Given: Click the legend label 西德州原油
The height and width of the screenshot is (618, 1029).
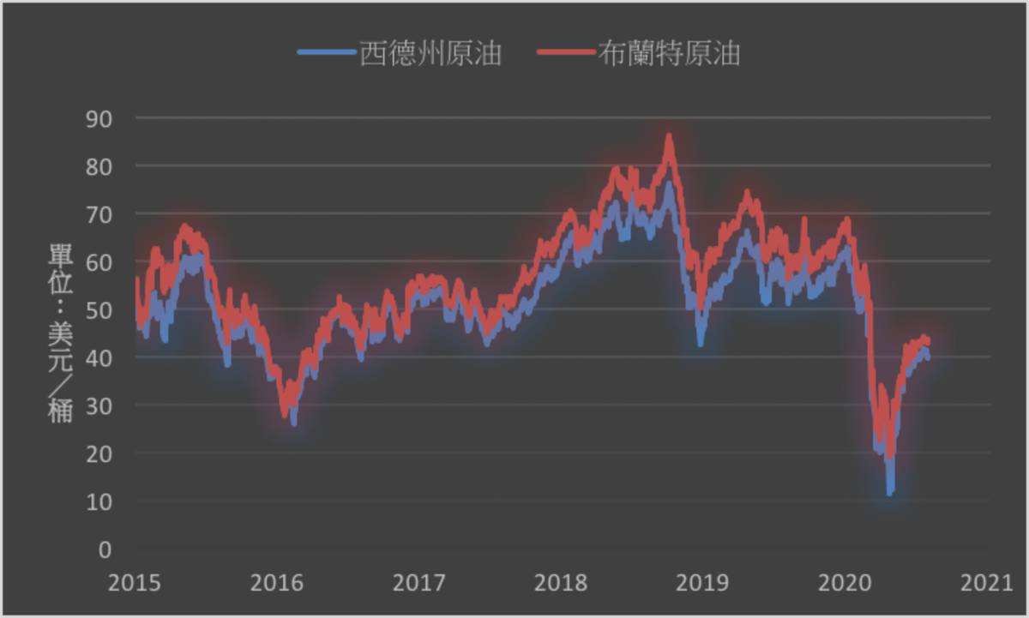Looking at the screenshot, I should (430, 54).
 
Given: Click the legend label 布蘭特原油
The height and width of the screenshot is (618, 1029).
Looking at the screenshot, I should (669, 54).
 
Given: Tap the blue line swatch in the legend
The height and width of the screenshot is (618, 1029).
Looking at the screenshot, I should (326, 53).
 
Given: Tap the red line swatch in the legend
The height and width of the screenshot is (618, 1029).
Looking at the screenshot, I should (565, 53).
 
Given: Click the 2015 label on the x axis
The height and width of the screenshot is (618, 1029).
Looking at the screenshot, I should (135, 584).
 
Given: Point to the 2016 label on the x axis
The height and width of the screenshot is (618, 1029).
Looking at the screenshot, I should (277, 584).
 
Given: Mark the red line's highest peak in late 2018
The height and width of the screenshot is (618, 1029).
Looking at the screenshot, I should (670, 136).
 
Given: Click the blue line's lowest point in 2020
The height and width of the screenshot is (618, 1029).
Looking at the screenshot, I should (890, 492).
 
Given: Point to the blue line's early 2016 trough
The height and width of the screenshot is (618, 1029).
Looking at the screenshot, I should (294, 422).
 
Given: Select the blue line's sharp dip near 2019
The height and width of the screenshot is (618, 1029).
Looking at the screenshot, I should (701, 342).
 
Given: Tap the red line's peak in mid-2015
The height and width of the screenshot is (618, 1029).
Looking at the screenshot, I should (184, 227).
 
